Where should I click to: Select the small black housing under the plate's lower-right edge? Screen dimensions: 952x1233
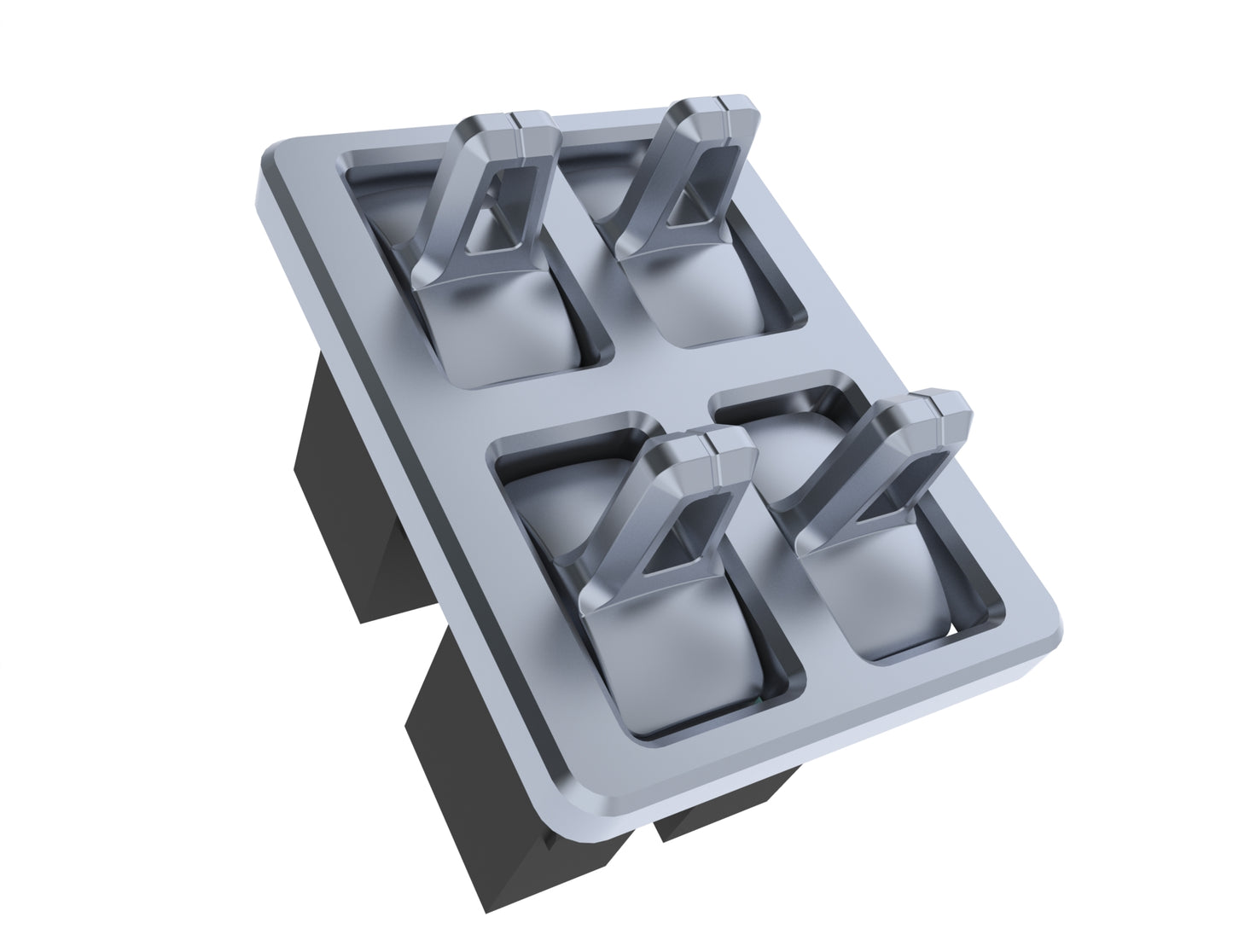(x=725, y=802)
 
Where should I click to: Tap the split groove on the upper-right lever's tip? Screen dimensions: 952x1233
(x=723, y=104)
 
